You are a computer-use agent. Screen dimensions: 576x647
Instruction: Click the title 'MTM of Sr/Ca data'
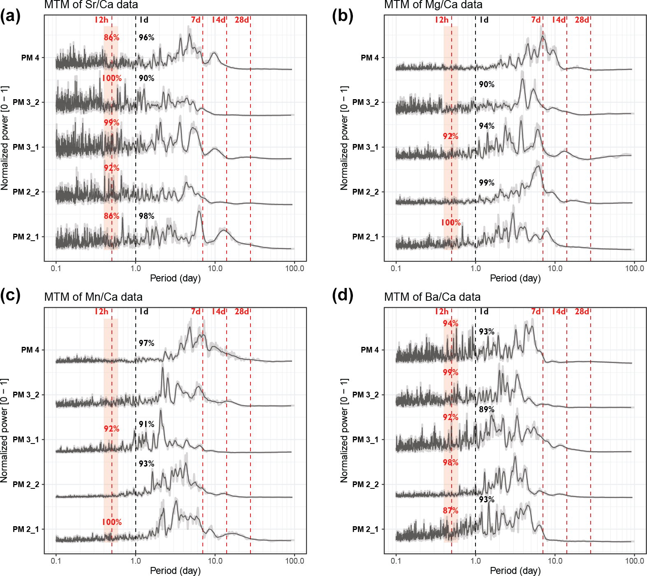[x=91, y=5]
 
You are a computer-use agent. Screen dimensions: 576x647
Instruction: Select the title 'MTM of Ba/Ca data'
[x=432, y=297]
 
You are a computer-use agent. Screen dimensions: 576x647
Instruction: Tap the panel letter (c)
[x=10, y=295]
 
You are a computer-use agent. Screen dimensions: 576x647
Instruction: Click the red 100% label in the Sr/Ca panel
[x=112, y=78]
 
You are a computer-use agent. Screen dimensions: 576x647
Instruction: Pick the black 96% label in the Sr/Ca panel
[x=146, y=37]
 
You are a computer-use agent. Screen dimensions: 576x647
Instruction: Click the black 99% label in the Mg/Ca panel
[x=487, y=183]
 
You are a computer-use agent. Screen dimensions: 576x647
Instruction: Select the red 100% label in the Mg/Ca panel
[x=451, y=223]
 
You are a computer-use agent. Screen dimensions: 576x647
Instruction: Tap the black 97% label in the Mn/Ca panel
[x=146, y=343]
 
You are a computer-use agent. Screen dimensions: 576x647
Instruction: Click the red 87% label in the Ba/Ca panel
[x=450, y=511]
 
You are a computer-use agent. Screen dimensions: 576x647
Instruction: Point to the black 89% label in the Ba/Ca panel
[x=487, y=409]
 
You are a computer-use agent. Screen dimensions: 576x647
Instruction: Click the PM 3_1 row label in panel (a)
[x=26, y=147]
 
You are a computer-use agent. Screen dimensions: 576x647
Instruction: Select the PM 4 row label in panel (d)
[x=369, y=350]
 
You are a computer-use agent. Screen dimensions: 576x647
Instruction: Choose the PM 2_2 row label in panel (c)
[x=26, y=484]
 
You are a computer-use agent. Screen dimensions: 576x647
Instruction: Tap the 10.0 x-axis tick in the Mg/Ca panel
[x=555, y=269]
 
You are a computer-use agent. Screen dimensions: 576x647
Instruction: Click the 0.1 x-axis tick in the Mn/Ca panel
[x=56, y=561]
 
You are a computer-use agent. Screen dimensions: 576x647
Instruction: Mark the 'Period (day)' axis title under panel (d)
[x=515, y=571]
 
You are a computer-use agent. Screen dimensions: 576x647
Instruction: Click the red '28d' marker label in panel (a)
[x=242, y=20]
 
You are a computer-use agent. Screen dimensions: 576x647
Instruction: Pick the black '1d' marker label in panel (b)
[x=484, y=20]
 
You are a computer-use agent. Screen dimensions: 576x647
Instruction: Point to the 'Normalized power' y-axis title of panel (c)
[x=5, y=430]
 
